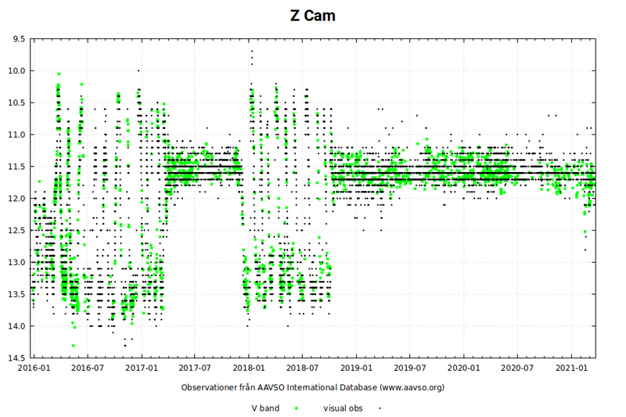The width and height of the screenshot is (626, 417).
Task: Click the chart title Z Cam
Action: point(312,16)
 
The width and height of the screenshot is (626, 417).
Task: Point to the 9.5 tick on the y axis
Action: point(17,38)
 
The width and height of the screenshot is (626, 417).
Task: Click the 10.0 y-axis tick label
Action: point(16,70)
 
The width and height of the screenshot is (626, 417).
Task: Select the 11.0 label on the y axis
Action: point(16,135)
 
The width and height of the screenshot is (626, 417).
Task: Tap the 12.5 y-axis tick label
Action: point(16,230)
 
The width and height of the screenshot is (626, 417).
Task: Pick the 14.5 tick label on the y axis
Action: point(16,358)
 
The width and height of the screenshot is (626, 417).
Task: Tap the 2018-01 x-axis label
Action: point(248,366)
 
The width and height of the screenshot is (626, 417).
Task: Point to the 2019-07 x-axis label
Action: point(409,366)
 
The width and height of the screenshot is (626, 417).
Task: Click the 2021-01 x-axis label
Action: point(571,366)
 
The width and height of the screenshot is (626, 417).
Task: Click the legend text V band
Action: point(265,408)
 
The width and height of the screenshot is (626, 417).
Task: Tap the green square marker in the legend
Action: point(297,408)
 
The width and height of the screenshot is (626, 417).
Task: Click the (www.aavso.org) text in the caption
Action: point(412,387)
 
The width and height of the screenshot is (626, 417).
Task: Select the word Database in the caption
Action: point(356,387)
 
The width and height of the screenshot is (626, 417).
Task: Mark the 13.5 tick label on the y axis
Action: point(16,294)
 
